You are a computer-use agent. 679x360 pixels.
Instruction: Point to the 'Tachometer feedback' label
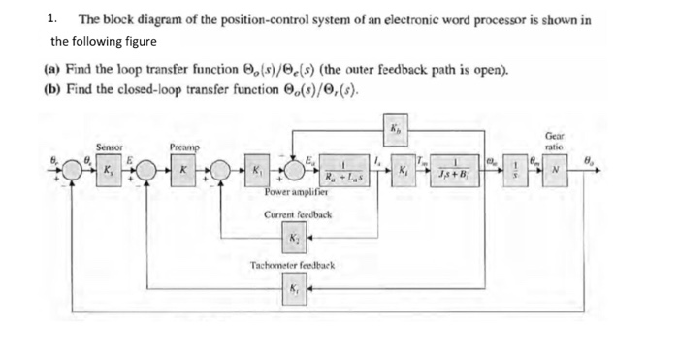point(293,265)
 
